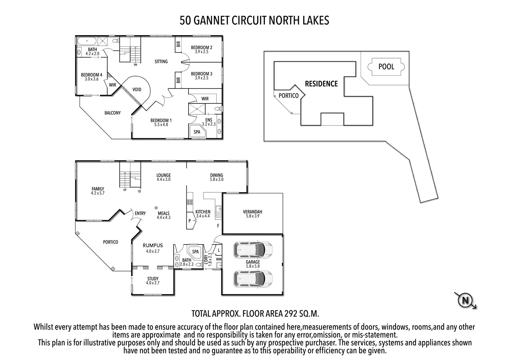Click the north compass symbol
coord(465,300)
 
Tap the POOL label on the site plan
coord(386,66)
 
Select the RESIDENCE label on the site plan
coord(321,84)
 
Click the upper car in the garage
coord(253,249)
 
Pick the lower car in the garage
coord(253,278)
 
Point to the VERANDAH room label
coord(252,212)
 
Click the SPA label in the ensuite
coord(197,132)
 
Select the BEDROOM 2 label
coord(202,47)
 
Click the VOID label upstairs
coord(137,90)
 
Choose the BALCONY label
coord(112,113)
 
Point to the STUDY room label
coord(153,279)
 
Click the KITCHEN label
coord(203,212)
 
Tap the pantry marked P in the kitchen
coord(190,220)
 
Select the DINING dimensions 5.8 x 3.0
coord(217,179)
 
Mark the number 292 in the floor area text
coord(291,314)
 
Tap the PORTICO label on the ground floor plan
coord(111,242)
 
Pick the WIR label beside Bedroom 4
coord(112,85)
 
